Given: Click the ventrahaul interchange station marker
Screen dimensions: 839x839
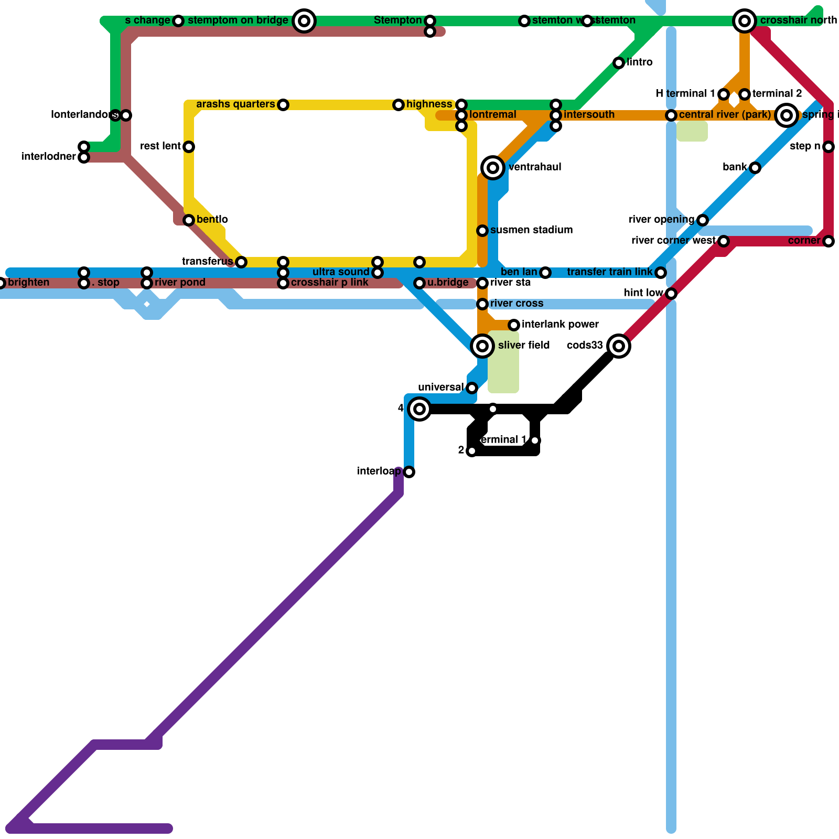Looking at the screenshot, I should pyautogui.click(x=492, y=168).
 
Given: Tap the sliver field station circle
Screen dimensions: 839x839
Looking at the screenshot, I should pyautogui.click(x=482, y=346).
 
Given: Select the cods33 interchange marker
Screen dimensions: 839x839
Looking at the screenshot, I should pyautogui.click(x=619, y=346).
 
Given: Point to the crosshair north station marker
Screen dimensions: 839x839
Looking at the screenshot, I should pyautogui.click(x=745, y=21).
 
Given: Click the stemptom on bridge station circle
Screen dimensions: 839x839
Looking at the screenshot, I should pyautogui.click(x=304, y=21).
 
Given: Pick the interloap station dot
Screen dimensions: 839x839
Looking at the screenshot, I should pyautogui.click(x=409, y=472).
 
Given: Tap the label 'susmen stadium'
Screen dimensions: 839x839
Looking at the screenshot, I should pyautogui.click(x=531, y=230).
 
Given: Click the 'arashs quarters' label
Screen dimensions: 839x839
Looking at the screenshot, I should pyautogui.click(x=235, y=104).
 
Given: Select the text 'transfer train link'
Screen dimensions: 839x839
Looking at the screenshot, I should pyautogui.click(x=609, y=272).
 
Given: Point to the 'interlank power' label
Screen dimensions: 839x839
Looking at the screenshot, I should pyautogui.click(x=560, y=325).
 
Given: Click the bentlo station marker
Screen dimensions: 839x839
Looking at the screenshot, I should pyautogui.click(x=189, y=220).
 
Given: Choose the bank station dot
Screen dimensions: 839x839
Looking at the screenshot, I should pyautogui.click(x=755, y=168).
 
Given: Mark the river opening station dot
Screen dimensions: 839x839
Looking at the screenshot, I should pyautogui.click(x=703, y=220).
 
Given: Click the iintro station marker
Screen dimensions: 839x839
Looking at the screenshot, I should pyautogui.click(x=619, y=63).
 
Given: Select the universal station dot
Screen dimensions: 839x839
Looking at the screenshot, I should pyautogui.click(x=472, y=388).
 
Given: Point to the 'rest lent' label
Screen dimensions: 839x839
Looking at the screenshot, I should pyautogui.click(x=160, y=146).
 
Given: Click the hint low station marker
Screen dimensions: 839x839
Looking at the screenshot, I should pyautogui.click(x=671, y=294).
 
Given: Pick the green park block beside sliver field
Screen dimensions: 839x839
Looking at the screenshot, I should pyautogui.click(x=503, y=362).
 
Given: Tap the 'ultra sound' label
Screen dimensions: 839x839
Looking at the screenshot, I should pyautogui.click(x=341, y=272).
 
